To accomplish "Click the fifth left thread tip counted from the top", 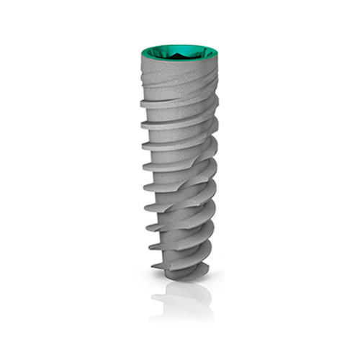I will pos(145,187).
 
